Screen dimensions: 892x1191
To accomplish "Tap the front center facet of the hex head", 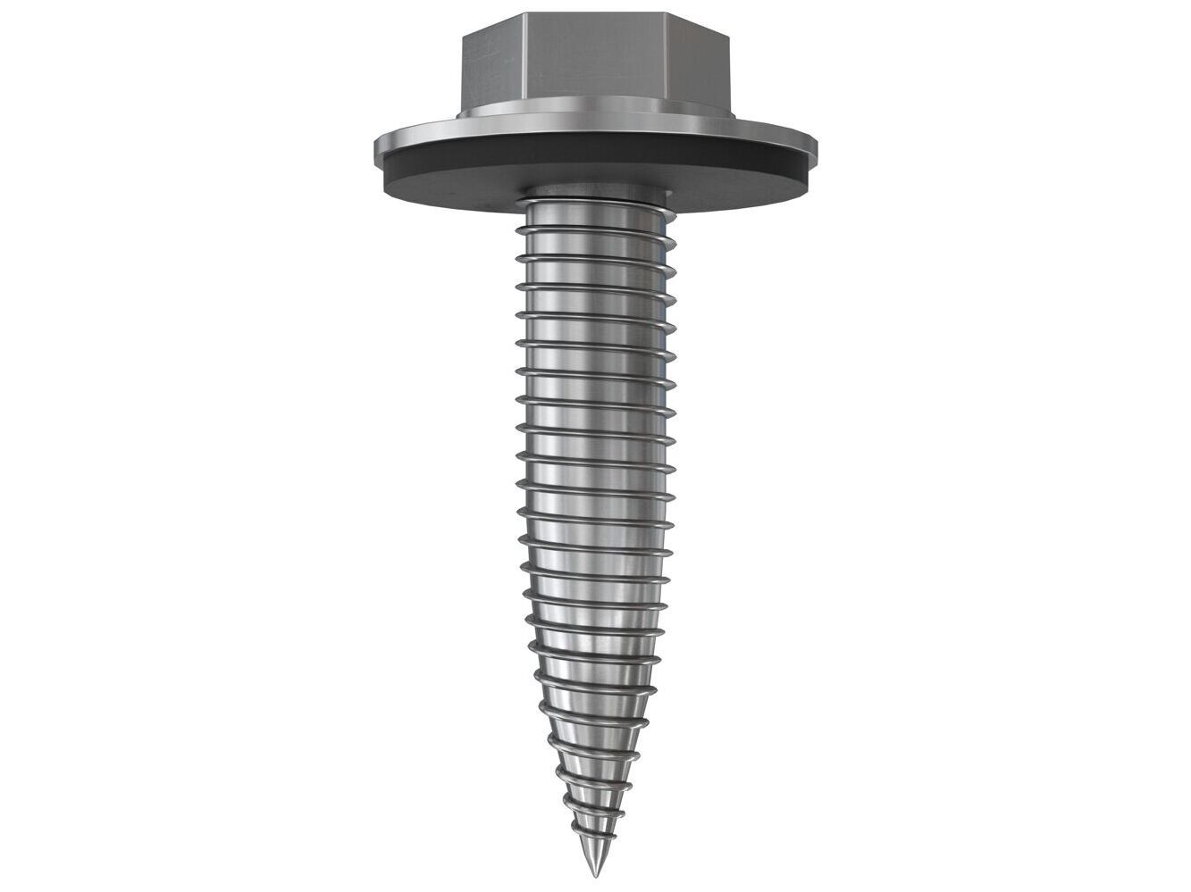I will pos(594,70).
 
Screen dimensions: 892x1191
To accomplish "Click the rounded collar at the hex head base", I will pos(595,117).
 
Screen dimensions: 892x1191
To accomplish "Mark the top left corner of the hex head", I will pos(462,37).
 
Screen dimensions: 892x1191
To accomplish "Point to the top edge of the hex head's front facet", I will pos(595,13).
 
